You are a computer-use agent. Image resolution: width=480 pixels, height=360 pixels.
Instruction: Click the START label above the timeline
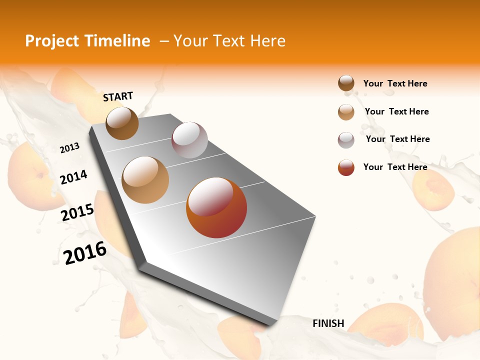(x=118, y=96)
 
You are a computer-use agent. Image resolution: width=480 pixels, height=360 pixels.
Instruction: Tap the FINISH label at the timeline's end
(x=328, y=323)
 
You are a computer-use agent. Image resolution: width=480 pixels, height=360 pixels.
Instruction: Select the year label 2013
(x=69, y=147)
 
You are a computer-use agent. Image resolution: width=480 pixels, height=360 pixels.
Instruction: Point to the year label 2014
(x=73, y=177)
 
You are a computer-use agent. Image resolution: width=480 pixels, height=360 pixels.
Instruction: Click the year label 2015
(x=77, y=212)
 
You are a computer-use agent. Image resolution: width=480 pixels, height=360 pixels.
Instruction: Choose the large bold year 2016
(x=85, y=252)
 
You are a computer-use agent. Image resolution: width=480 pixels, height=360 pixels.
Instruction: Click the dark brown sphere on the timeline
(x=122, y=123)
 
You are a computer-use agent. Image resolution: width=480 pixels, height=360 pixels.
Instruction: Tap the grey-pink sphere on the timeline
(x=189, y=140)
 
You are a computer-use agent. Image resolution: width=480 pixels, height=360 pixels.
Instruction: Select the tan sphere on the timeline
(x=145, y=180)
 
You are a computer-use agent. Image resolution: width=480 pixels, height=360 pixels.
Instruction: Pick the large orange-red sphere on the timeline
(x=216, y=207)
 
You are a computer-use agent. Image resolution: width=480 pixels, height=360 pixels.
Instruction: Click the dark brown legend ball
(x=346, y=83)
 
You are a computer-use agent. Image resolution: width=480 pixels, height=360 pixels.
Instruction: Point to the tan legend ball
(x=346, y=112)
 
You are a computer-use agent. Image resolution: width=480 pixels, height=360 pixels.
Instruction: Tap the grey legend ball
(x=346, y=140)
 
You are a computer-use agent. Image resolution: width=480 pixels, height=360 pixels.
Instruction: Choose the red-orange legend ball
(x=346, y=167)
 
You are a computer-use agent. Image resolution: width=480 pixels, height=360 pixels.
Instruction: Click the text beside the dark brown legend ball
(x=395, y=83)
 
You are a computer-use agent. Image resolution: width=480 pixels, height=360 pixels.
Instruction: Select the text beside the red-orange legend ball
(x=395, y=167)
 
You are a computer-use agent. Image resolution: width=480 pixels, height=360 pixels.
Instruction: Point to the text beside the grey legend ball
(x=397, y=139)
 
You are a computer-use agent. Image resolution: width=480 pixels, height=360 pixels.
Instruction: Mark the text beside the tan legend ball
(x=396, y=111)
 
